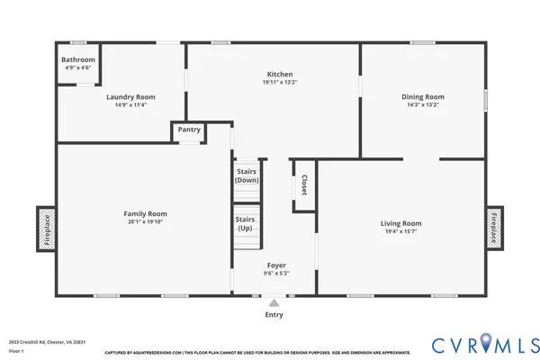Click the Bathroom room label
[78, 59]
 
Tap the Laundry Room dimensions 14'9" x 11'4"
[130, 104]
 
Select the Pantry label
[189, 130]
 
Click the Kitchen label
[280, 74]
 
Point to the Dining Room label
[423, 96]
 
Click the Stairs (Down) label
[247, 175]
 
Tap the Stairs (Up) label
[245, 224]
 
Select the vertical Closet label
[304, 185]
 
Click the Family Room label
[145, 213]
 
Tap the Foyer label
[276, 265]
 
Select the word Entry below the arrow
[274, 315]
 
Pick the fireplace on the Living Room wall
[493, 227]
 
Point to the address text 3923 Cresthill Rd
[34, 342]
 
